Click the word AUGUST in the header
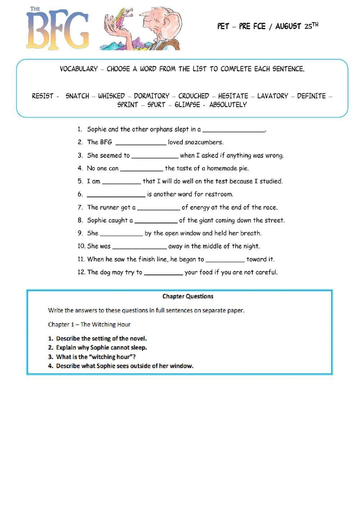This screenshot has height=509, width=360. click(288, 26)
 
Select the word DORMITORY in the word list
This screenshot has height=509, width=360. click(151, 96)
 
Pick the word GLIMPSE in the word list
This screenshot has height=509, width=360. click(187, 105)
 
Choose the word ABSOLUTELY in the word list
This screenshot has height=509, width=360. click(228, 105)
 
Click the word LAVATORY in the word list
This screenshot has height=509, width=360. click(273, 96)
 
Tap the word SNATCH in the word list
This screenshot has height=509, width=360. click(77, 96)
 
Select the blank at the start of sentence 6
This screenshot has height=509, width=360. click(116, 195)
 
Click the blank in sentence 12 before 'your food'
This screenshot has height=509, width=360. click(163, 273)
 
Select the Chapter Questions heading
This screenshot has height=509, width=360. click(188, 296)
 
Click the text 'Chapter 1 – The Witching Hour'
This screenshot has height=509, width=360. click(89, 325)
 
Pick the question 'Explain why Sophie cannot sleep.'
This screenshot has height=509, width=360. click(102, 348)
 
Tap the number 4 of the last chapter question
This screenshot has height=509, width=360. click(50, 366)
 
